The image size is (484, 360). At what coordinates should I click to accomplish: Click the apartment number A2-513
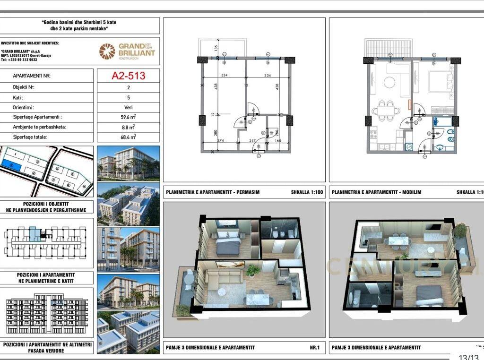point(128,76)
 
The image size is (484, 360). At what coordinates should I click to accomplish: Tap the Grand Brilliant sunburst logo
point(107,51)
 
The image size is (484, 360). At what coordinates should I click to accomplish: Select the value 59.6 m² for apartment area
point(128,117)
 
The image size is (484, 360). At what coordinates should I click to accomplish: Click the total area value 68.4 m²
point(128,137)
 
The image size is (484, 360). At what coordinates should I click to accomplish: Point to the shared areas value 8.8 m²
point(128,127)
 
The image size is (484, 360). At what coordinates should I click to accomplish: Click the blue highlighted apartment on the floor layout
point(33,234)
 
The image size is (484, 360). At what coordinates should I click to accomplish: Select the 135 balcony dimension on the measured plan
point(216,48)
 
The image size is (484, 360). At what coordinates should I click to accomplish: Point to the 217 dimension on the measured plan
point(252,140)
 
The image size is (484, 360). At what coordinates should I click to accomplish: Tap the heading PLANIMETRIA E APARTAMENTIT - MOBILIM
point(376,192)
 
